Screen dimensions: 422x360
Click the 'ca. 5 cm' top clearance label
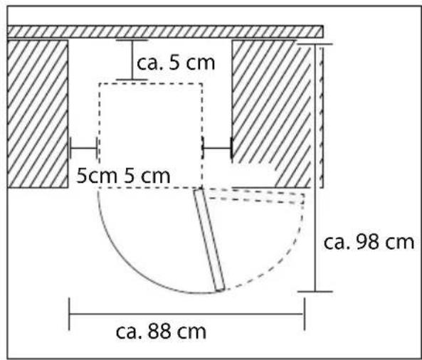click(x=176, y=63)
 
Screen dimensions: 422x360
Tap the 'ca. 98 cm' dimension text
click(x=369, y=242)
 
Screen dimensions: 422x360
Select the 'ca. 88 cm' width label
click(x=161, y=332)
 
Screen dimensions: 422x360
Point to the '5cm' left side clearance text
click(x=97, y=176)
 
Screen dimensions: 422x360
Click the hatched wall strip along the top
click(x=165, y=31)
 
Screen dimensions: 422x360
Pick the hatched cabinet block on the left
click(x=38, y=114)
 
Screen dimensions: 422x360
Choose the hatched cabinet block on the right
click(x=272, y=114)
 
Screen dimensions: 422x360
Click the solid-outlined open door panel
click(x=209, y=240)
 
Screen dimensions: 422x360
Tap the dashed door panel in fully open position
click(x=254, y=196)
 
